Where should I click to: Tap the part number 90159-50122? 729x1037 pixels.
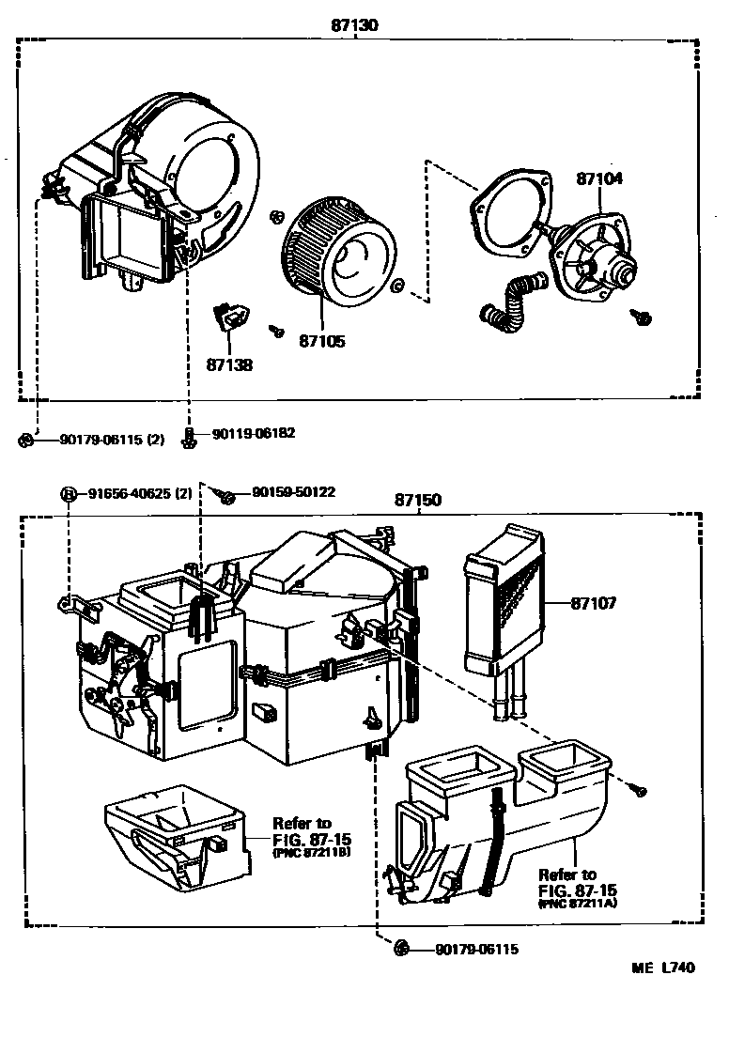(x=292, y=492)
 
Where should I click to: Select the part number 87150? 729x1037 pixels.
(x=417, y=501)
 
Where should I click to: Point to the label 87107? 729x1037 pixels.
(x=592, y=604)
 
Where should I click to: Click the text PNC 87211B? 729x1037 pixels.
(x=312, y=854)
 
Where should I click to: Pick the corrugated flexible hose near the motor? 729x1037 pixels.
(x=508, y=303)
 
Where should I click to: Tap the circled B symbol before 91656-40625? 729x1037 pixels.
(x=69, y=493)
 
